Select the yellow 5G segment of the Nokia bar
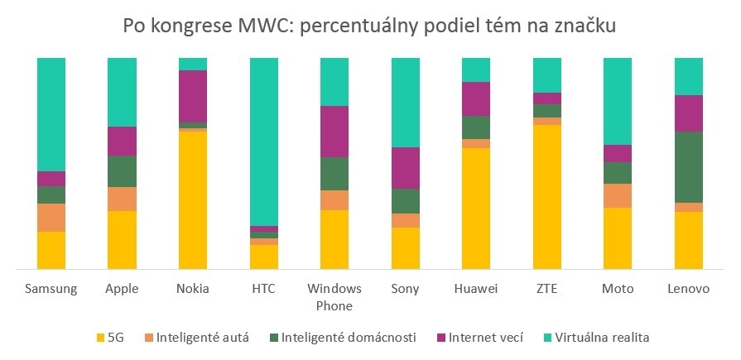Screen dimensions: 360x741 pyautogui.click(x=193, y=199)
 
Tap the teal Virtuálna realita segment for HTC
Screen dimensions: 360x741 pyautogui.click(x=264, y=142)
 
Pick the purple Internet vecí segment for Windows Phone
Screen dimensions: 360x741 pyautogui.click(x=334, y=132)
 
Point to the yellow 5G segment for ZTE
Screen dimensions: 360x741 pyautogui.click(x=547, y=197)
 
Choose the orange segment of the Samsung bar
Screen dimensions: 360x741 pyautogui.click(x=51, y=218)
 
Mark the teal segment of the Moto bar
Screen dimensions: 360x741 pyautogui.click(x=618, y=101)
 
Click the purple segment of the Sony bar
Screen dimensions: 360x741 pyautogui.click(x=406, y=168)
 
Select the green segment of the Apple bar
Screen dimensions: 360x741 pyautogui.click(x=122, y=171)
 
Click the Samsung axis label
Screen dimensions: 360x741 pyautogui.click(x=51, y=289)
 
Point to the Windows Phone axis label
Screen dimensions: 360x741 pyautogui.click(x=334, y=297)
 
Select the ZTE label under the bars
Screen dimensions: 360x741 pyautogui.click(x=547, y=289)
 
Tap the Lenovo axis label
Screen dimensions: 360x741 pyautogui.click(x=689, y=289)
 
